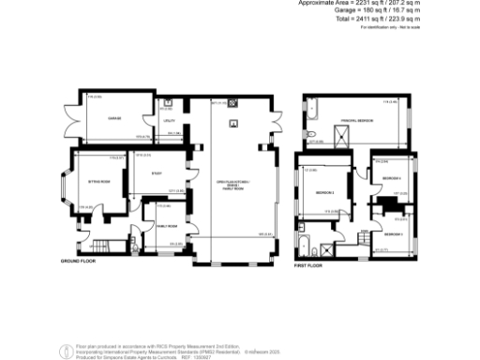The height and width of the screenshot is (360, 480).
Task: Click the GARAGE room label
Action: click(114, 119)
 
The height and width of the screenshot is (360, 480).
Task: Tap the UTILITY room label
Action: click(170, 121)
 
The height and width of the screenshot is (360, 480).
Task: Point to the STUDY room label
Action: click(157, 172)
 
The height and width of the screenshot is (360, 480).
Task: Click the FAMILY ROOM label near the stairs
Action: click(168, 226)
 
